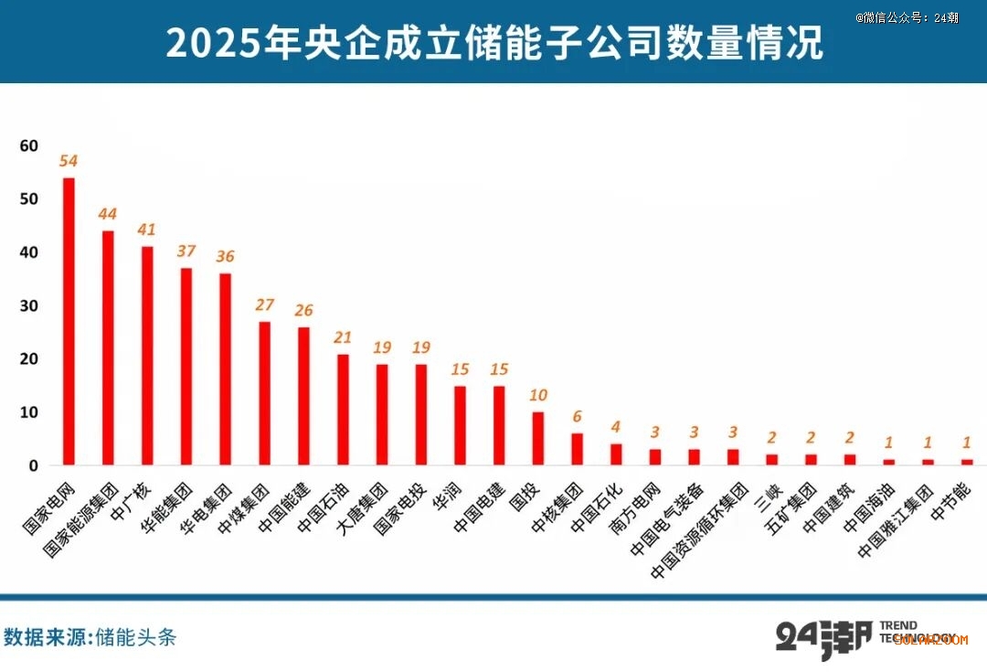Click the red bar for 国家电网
click(x=69, y=321)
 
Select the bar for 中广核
click(x=147, y=356)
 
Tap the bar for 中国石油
click(x=343, y=410)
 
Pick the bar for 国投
click(x=539, y=439)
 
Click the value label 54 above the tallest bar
click(x=69, y=161)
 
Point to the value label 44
click(x=108, y=214)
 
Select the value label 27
click(x=264, y=304)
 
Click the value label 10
click(x=539, y=395)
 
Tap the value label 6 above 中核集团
click(x=578, y=417)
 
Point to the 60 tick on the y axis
click(x=28, y=145)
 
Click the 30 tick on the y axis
click(x=28, y=305)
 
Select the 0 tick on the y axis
click(x=34, y=466)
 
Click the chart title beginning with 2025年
click(x=493, y=43)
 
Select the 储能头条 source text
click(x=136, y=637)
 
